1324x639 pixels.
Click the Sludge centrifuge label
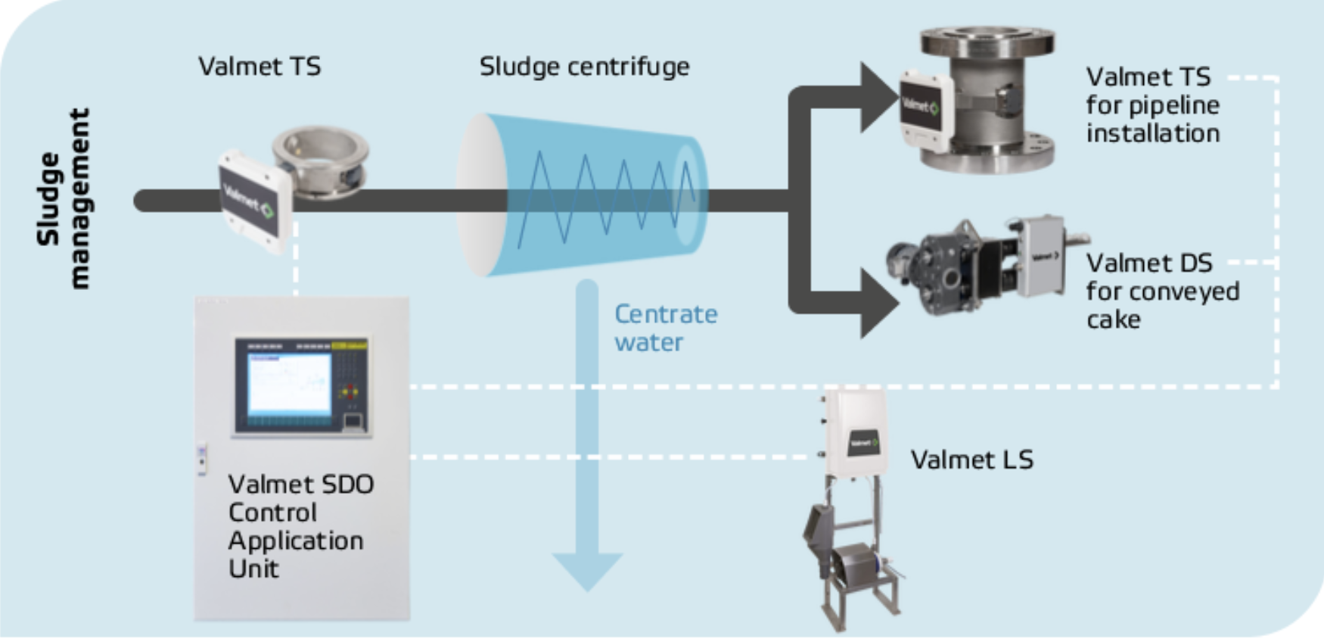(584, 67)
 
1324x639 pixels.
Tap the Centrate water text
(665, 328)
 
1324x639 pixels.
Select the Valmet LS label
(971, 460)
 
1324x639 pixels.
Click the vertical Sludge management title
(64, 198)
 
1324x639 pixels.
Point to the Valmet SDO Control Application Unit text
(300, 526)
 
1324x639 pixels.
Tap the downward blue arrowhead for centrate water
(587, 572)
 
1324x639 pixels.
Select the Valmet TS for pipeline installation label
(1152, 105)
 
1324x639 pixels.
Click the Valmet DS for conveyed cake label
(1162, 291)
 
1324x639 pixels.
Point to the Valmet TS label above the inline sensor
(260, 67)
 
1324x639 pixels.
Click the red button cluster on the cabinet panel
(350, 392)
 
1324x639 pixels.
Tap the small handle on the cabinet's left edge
(201, 459)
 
